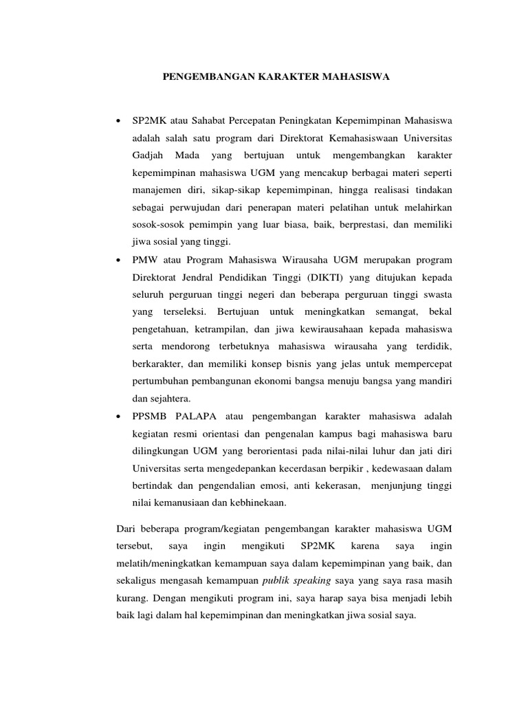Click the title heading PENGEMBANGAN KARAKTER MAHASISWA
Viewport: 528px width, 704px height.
[276, 78]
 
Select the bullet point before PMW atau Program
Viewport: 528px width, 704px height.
[120, 261]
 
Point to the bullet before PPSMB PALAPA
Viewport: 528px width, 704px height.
[120, 417]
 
